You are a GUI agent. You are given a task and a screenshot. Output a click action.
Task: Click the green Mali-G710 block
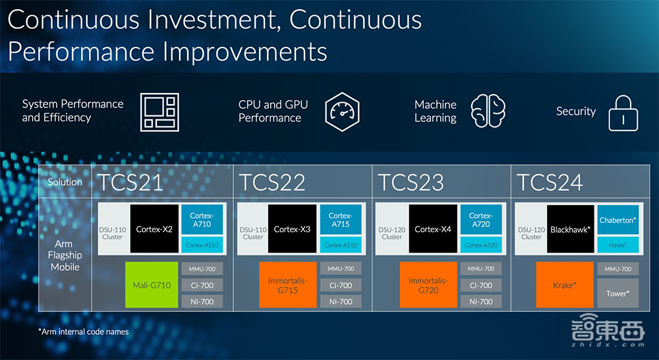152,285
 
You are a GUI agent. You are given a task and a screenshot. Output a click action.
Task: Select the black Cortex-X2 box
154,229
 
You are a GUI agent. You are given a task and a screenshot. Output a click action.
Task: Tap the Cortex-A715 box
341,220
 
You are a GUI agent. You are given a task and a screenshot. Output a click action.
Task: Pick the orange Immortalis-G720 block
428,285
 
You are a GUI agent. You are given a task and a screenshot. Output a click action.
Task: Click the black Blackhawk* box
570,229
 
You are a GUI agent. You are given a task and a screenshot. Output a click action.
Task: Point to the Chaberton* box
618,220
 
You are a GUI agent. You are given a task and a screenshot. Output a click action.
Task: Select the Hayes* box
618,245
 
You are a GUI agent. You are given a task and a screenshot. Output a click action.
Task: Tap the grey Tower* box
618,293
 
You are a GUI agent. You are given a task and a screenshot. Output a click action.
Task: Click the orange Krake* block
565,285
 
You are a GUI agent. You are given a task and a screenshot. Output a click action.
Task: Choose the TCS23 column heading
411,182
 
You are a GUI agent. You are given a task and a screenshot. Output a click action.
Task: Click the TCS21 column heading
130,182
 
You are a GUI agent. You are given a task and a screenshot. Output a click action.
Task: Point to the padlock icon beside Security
623,113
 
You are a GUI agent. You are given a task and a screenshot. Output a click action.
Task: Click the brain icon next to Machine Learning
488,111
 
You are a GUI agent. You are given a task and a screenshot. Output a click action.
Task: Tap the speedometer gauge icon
342,112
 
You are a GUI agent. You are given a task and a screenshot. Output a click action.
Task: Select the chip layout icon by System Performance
159,112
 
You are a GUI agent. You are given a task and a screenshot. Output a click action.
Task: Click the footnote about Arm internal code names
84,332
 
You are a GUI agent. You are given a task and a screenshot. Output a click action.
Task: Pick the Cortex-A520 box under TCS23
481,245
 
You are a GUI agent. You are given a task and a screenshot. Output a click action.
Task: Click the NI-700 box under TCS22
341,301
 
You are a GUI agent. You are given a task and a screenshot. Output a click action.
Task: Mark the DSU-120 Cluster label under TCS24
531,233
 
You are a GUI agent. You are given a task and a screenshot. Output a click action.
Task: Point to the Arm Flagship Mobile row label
65,255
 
